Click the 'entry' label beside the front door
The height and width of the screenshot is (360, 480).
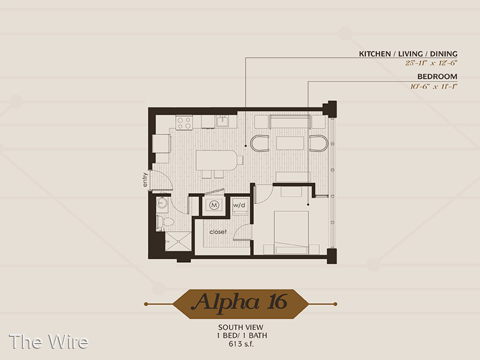145,179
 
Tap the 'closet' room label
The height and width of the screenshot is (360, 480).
218,232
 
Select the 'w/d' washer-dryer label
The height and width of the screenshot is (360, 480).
239,205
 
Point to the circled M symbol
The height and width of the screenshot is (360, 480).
214,205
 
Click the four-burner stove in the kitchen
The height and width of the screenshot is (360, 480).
184,122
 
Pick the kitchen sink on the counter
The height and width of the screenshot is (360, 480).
223,122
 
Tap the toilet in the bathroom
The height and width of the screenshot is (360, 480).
165,221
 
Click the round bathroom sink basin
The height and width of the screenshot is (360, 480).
161,202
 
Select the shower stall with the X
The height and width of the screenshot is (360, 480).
178,242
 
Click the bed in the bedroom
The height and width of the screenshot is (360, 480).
291,232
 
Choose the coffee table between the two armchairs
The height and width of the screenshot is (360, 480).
290,143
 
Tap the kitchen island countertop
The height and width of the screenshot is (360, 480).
217,160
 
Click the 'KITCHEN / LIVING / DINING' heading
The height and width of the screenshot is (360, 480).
408,54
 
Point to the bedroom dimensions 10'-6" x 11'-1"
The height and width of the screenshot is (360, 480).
434,86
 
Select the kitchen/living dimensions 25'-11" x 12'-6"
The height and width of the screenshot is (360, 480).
431,63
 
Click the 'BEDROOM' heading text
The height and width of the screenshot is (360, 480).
437,77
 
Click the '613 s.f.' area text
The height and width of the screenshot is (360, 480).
241,344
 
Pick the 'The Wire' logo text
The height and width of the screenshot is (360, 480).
49,341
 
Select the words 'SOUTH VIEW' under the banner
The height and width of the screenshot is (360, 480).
241,327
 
